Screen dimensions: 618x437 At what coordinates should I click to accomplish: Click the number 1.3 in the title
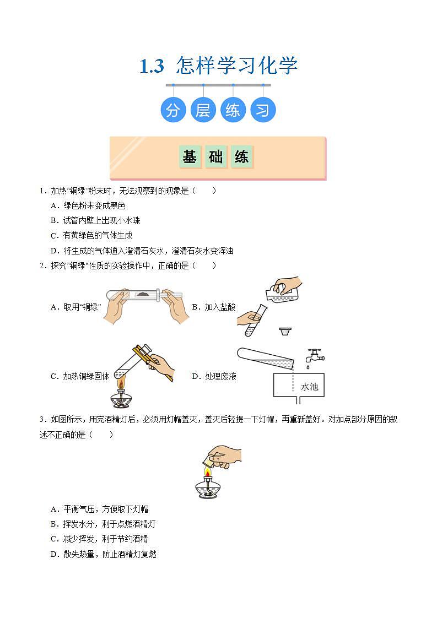pos(152,66)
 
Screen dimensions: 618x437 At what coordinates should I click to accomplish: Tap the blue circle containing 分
pos(173,110)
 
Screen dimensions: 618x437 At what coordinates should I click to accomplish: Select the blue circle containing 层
pos(203,110)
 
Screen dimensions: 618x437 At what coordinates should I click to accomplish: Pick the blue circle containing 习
pos(263,110)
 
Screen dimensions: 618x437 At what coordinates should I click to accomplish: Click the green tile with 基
pos(189,157)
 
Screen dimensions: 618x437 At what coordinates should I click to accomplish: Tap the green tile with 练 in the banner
pos(241,157)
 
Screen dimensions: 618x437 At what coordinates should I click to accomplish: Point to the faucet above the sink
pos(314,355)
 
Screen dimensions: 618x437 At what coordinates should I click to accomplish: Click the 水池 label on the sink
pos(309,387)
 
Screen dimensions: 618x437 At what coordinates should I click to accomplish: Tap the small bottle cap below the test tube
pos(285,332)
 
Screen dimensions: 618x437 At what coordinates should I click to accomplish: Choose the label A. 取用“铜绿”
pos(75,307)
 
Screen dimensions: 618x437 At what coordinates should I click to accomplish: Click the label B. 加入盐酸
pos(213,307)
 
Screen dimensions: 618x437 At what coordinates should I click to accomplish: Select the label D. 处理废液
pos(214,376)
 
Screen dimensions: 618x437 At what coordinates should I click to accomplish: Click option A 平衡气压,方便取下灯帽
pos(99,509)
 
